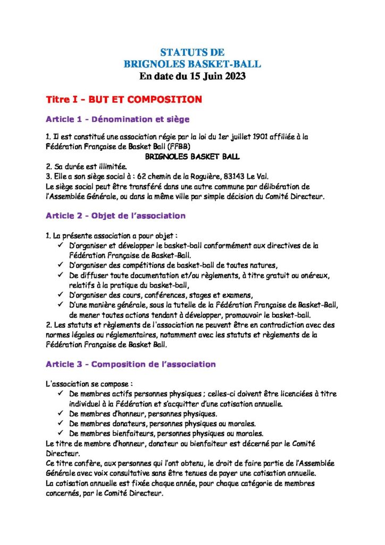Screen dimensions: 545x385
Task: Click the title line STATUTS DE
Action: point(192,52)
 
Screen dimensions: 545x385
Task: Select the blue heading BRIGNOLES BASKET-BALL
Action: point(192,64)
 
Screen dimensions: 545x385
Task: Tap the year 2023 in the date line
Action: point(232,76)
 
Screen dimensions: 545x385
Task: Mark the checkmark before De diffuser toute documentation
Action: point(60,275)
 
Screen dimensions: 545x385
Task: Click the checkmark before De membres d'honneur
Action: point(60,414)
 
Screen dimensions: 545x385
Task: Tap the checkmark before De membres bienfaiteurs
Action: point(60,433)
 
